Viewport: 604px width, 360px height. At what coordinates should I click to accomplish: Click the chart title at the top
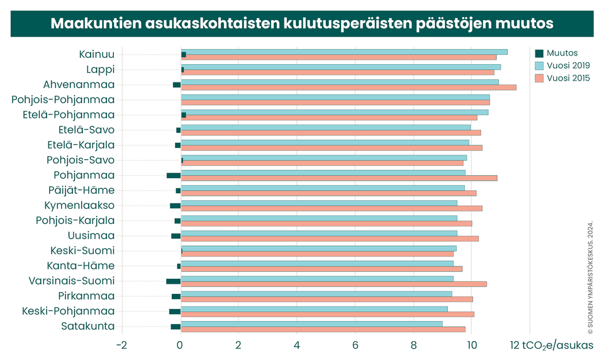tap(301, 23)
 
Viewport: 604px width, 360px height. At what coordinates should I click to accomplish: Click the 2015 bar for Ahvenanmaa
tap(349, 87)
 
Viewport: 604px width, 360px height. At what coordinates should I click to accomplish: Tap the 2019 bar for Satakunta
tap(313, 323)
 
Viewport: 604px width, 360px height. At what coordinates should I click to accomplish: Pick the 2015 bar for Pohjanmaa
tap(340, 178)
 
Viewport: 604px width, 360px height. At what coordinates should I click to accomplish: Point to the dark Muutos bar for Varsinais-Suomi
tap(174, 281)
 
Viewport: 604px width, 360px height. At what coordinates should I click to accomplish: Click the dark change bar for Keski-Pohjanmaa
tap(175, 312)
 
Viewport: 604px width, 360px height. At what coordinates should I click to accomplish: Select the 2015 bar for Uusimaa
tap(330, 239)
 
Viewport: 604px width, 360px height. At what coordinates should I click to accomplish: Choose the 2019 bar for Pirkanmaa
tap(317, 293)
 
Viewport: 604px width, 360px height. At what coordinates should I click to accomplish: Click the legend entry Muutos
tap(562, 53)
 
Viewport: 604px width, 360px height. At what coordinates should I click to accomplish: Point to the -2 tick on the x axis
tap(122, 345)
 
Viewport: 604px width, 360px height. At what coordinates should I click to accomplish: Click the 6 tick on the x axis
tap(355, 345)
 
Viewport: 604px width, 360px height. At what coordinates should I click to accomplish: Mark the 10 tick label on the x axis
tap(472, 345)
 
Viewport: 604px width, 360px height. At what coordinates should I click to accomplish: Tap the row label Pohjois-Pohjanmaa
tap(63, 99)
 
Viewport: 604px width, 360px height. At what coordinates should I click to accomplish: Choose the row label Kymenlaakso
tap(79, 205)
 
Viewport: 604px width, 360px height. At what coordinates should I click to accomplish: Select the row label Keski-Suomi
tap(82, 250)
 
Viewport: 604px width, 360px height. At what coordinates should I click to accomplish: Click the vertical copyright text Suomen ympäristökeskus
tap(590, 277)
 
